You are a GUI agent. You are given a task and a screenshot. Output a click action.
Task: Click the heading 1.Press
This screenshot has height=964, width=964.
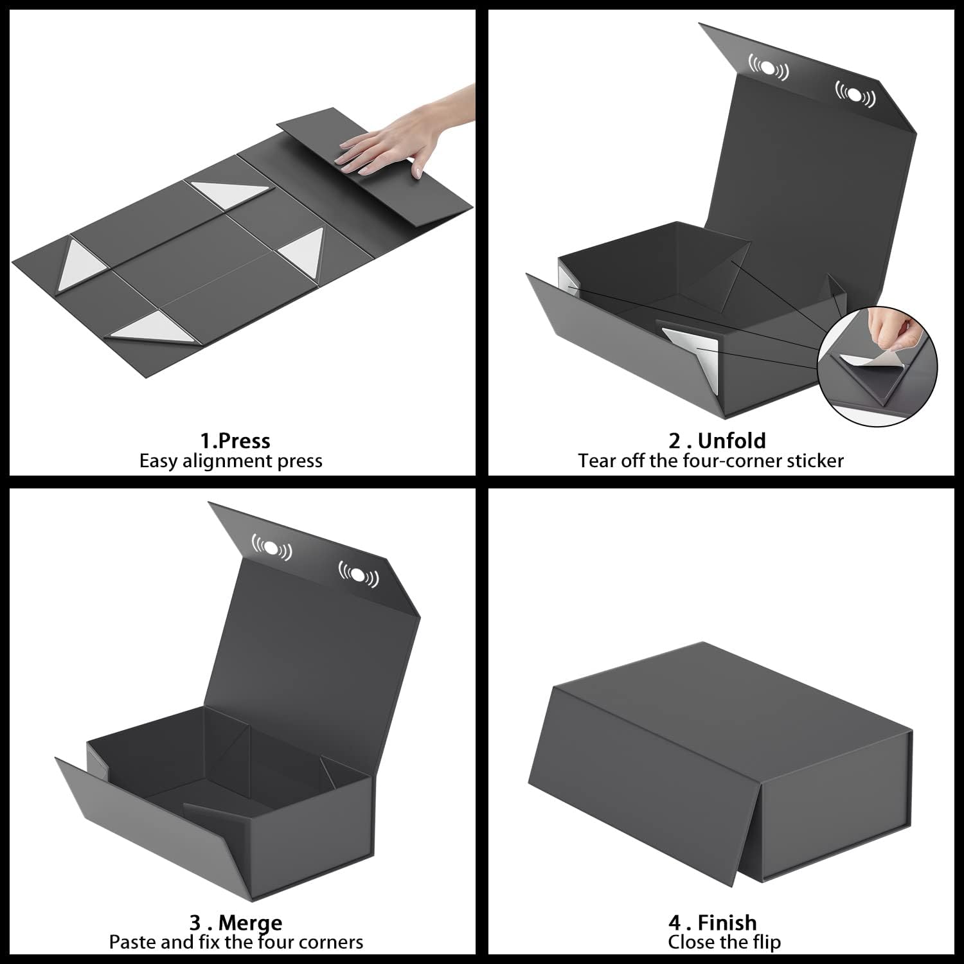[235, 441]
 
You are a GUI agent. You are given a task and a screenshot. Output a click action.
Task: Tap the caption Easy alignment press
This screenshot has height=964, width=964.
[231, 461]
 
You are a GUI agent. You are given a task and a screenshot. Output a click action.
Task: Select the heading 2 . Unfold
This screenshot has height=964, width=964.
[717, 441]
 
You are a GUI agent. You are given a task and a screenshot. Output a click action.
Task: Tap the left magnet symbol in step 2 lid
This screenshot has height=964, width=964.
[768, 67]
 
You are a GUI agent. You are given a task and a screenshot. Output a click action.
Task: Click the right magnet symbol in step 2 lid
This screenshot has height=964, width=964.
[855, 94]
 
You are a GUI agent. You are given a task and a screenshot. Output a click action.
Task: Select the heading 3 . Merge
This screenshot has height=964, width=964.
[236, 923]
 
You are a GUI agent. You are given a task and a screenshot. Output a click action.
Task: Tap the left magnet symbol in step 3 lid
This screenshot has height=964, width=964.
[271, 548]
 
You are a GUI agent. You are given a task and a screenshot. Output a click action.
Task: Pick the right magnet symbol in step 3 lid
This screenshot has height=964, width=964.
[359, 573]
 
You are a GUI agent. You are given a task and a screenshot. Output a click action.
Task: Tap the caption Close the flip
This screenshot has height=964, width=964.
[724, 942]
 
